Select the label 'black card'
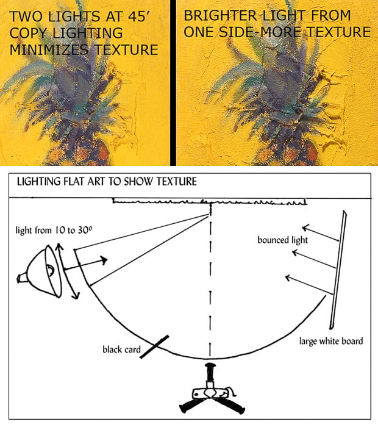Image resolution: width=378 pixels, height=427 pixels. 121,350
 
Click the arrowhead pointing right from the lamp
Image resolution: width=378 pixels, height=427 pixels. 105,260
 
